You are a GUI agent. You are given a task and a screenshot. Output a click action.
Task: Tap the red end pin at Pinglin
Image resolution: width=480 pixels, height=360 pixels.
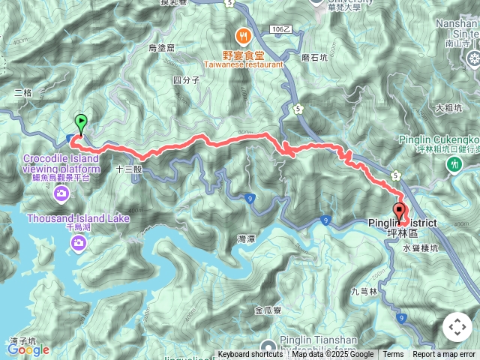pos(398,211)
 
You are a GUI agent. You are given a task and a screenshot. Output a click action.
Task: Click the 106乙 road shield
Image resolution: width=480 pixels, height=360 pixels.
pos(278,28)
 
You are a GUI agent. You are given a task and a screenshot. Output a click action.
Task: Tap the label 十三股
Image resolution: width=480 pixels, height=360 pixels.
pos(128,169)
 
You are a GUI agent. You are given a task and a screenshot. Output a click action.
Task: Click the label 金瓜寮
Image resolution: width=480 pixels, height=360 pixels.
pos(268,309)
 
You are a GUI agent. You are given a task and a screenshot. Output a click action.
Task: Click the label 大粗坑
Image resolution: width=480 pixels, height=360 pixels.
pos(448,107)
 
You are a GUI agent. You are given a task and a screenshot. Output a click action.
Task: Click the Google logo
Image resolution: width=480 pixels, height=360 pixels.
pos(28,349)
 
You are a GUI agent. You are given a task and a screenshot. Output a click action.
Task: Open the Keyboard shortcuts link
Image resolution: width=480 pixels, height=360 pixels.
pos(250,355)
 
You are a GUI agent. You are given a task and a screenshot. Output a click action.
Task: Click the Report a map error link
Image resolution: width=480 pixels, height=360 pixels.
pos(443,355)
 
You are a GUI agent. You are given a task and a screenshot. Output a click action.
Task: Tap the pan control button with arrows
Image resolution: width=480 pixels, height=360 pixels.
pos(457,327)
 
